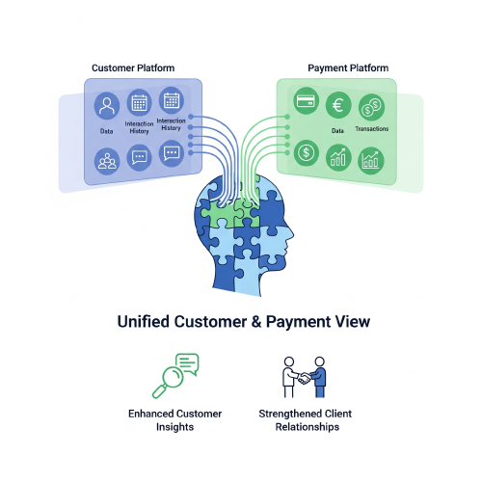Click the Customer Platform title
tap(133, 68)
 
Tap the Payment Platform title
tap(348, 68)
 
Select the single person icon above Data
tap(107, 104)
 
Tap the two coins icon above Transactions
tap(371, 107)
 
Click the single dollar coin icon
tap(308, 151)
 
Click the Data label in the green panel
tap(338, 127)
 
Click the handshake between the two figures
tap(304, 379)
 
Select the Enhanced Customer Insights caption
tap(174, 420)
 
